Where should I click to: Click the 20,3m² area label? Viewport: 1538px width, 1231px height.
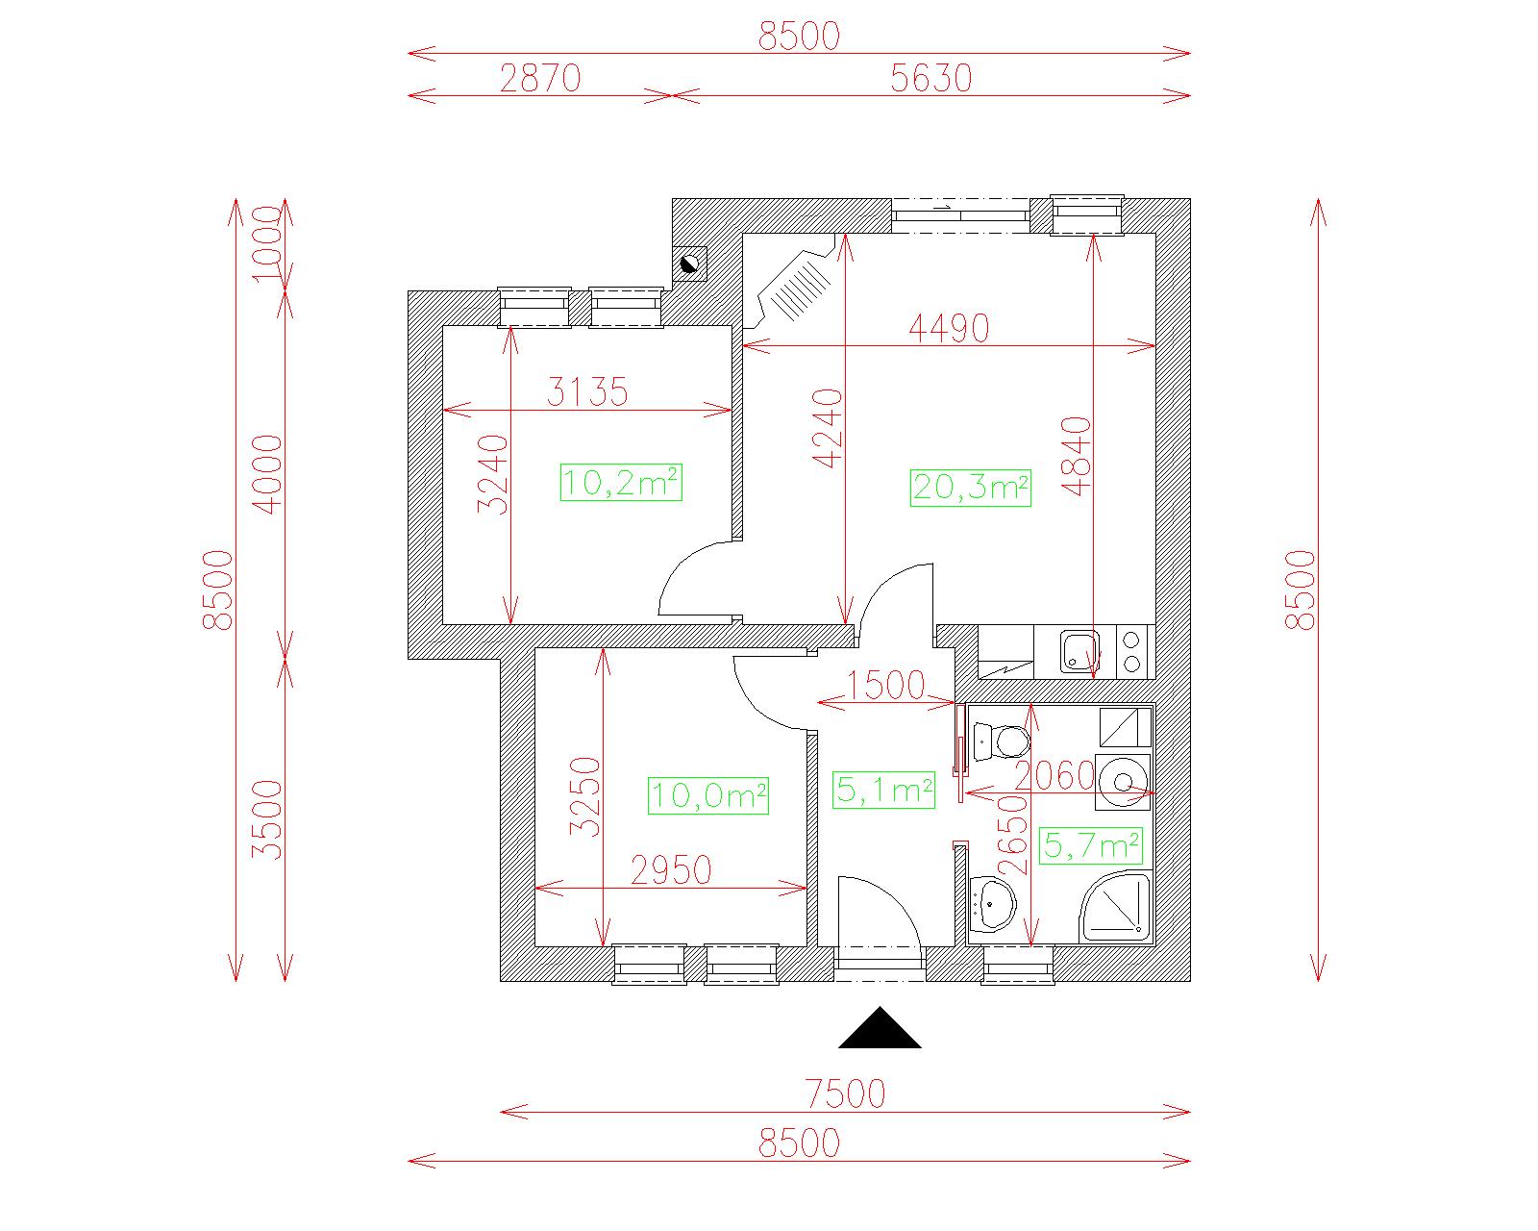pos(970,488)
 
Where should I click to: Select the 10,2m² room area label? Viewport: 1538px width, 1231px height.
pos(621,482)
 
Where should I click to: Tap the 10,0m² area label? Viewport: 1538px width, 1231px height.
pos(708,795)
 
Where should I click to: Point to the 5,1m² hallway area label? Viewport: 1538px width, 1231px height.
pos(884,790)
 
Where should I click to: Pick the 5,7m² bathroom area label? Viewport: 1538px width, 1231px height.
pos(1091,845)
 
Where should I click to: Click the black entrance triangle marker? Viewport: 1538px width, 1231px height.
pos(880,1028)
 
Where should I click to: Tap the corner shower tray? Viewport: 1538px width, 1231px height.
pos(1115,906)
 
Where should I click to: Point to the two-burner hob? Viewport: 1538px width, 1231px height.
pos(1132,652)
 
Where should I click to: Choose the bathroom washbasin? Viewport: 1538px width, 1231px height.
pos(993,904)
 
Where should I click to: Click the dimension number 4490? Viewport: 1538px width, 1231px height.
pos(949,328)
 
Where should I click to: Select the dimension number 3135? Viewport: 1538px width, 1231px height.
pos(587,392)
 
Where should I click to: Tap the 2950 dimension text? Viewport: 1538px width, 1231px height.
pos(671,870)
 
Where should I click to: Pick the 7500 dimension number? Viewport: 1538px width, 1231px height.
pos(846,1093)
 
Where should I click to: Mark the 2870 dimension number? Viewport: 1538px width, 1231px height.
pos(540,78)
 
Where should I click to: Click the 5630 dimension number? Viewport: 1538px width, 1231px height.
pos(931,78)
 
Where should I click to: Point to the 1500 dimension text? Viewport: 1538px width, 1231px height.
pos(885,685)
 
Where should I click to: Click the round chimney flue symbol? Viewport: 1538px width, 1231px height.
pos(689,264)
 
